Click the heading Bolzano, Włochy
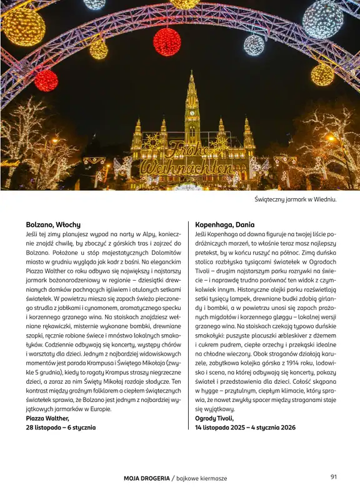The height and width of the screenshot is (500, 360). pyautogui.click(x=53, y=224)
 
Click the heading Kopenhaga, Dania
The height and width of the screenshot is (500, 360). pyautogui.click(x=219, y=224)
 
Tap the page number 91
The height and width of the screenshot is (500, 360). pyautogui.click(x=334, y=477)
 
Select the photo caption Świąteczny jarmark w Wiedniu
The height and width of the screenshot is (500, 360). pyautogui.click(x=296, y=199)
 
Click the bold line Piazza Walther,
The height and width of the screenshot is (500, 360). pyautogui.click(x=47, y=418)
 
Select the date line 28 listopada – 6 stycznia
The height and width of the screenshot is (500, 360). pyautogui.click(x=61, y=427)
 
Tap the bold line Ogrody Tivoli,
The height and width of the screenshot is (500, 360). pyautogui.click(x=214, y=418)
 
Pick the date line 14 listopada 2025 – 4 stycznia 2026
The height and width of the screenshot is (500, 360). pyautogui.click(x=236, y=427)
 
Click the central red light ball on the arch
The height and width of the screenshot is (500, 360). pyautogui.click(x=167, y=42)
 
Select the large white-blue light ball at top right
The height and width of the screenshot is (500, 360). pyautogui.click(x=323, y=19)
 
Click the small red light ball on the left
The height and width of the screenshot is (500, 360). pyautogui.click(x=46, y=81)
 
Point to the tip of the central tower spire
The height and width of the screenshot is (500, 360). pyautogui.click(x=191, y=72)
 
